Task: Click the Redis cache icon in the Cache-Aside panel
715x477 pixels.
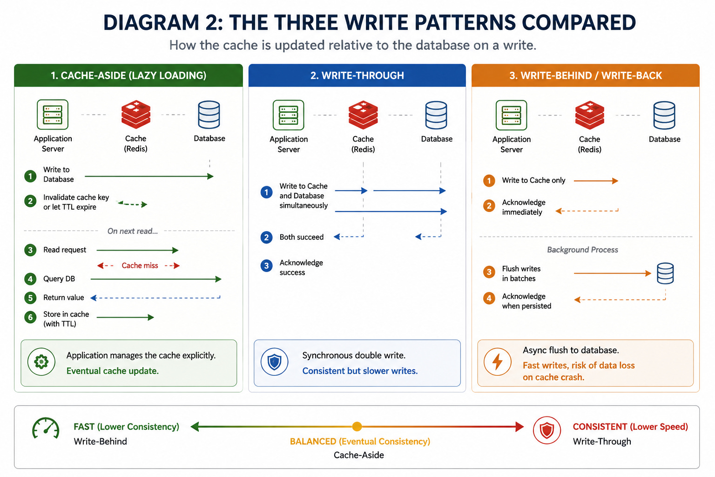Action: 135,115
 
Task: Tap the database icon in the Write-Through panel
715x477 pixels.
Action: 436,115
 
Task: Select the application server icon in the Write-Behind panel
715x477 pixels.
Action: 512,115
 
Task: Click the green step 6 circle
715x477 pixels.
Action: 30,317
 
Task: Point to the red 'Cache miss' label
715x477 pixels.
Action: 140,266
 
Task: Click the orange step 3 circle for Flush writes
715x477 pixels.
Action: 489,272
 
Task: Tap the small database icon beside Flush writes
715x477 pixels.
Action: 665,273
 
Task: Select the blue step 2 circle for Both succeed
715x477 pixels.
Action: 267,238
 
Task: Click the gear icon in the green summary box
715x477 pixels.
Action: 41,362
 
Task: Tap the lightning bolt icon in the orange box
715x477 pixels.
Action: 497,362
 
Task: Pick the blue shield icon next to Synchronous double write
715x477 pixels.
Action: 275,362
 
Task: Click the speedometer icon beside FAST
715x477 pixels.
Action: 46,428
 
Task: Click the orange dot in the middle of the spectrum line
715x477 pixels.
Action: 357,427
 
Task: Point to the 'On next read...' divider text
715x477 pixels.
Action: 133,231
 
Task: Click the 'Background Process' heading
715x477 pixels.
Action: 582,250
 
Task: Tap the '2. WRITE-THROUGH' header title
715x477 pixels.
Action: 357,75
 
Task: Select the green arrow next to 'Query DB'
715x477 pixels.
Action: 156,279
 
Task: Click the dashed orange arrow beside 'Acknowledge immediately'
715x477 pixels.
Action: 587,211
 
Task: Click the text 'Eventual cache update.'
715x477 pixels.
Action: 112,371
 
